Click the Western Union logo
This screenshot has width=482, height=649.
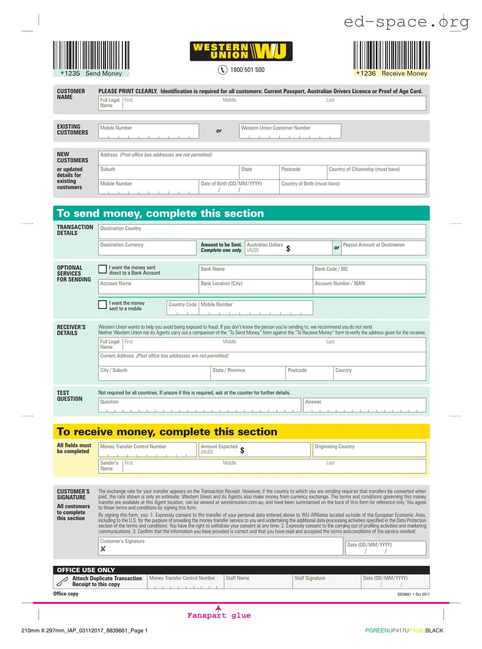pos(241,51)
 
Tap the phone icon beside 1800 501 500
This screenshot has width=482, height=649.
pos(222,70)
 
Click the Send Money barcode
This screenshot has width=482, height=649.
pos(91,55)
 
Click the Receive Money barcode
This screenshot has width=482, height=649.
pos(391,55)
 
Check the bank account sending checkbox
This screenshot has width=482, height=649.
pos(102,269)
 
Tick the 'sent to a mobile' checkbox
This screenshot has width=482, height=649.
pos(102,305)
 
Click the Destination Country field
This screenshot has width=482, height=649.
pos(262,232)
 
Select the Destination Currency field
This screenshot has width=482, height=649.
pos(147,248)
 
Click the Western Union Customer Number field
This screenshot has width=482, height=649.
pos(290,131)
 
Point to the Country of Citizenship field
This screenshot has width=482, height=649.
pos(376,172)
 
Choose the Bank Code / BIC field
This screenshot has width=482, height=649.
pos(369,272)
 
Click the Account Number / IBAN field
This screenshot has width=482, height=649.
pos(369,287)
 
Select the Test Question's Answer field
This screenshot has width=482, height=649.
pos(364,405)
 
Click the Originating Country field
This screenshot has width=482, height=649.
pos(369,450)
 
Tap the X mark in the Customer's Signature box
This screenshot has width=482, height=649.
pos(103,549)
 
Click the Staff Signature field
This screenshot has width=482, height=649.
pos(327,581)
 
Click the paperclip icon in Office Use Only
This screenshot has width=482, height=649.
pos(62,581)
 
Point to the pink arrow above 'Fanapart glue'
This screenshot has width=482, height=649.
pos(218,608)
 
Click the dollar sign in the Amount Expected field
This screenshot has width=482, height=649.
pos(242,450)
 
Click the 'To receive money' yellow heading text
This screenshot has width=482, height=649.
pos(167,432)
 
